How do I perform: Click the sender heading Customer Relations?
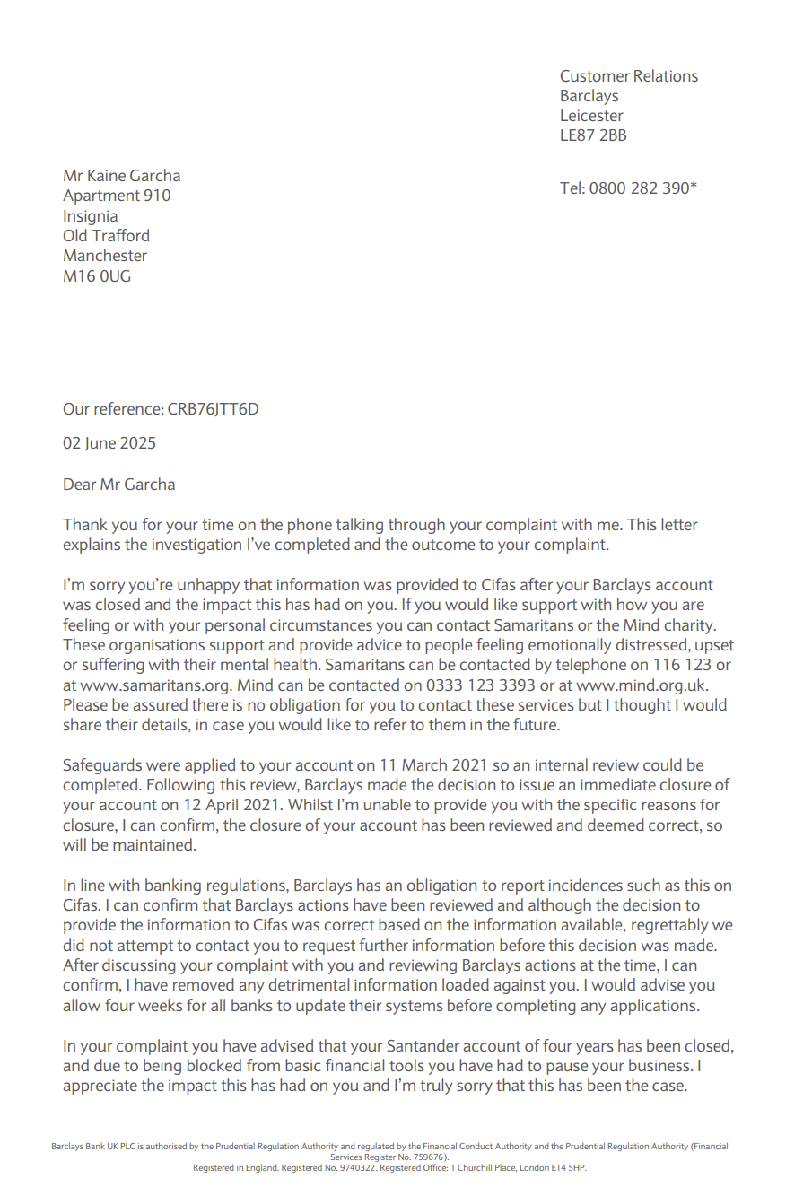[x=628, y=76]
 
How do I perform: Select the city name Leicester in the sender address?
[x=591, y=116]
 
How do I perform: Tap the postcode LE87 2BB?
[x=593, y=135]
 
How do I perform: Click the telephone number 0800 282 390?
[x=639, y=188]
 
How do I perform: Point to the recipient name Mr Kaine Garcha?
[x=121, y=176]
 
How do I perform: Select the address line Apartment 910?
[x=117, y=196]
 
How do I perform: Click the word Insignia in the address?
[x=90, y=216]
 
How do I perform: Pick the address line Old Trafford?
[x=106, y=236]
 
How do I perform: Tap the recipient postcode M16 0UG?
[x=97, y=276]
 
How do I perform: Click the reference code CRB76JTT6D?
[x=213, y=409]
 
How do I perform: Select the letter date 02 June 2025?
[x=109, y=443]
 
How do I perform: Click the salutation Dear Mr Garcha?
[x=118, y=485]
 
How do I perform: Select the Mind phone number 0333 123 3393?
[x=480, y=685]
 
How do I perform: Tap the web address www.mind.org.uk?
[x=642, y=685]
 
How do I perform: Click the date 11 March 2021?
[x=433, y=765]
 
